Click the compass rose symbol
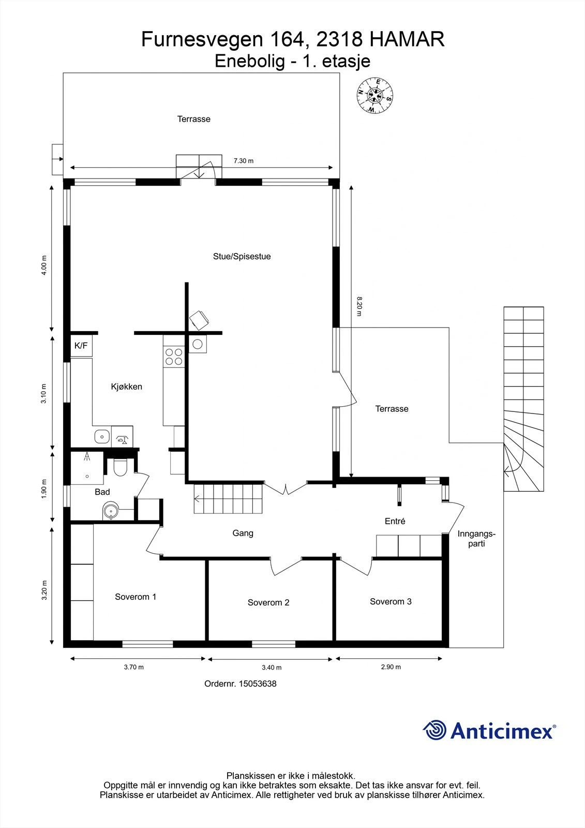tap(375, 96)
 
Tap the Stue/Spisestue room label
tap(242, 256)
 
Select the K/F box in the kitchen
tap(81, 346)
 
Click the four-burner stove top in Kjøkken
tap(174, 357)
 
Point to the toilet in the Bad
tap(120, 468)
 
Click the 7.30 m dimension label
tap(243, 161)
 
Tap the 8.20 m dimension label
tap(359, 306)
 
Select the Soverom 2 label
tap(268, 602)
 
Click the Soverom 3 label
tap(391, 601)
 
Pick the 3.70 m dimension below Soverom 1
tap(133, 667)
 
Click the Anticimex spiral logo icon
tap(434, 731)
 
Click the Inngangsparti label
tap(476, 539)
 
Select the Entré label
tap(395, 521)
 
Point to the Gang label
tap(243, 533)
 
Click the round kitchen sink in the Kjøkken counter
tap(102, 437)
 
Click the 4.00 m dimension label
tap(44, 265)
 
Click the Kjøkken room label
tap(126, 387)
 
